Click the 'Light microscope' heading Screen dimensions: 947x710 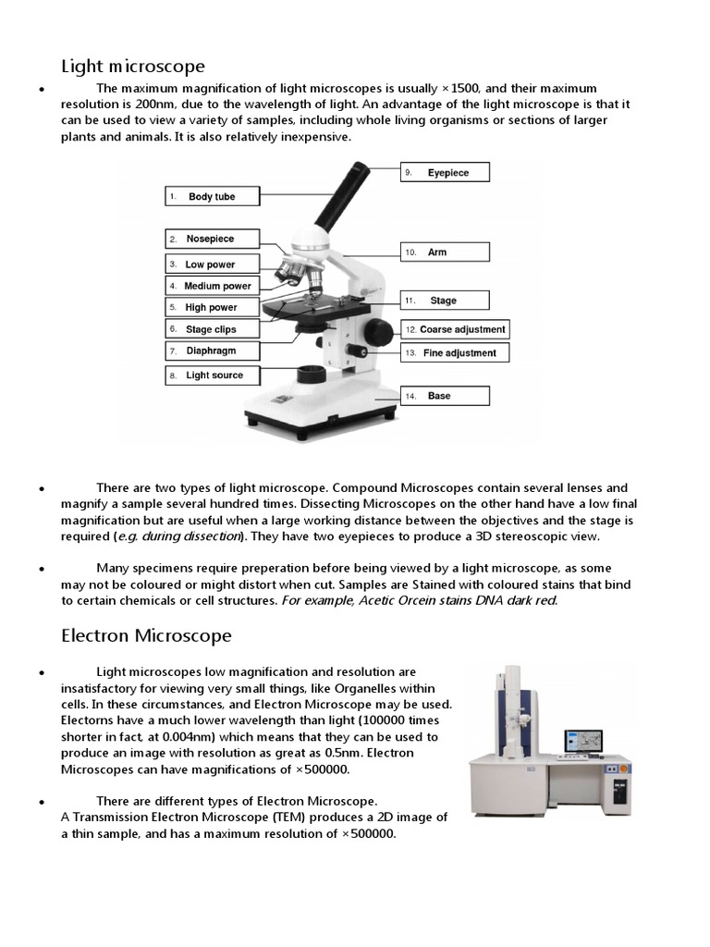tap(133, 66)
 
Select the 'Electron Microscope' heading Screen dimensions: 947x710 tap(146, 636)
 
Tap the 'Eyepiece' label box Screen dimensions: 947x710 tap(445, 173)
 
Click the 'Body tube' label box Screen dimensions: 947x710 tap(212, 197)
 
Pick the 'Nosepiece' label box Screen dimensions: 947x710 tap(212, 239)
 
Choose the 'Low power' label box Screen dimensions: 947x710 tap(212, 264)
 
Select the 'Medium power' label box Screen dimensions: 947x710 tap(212, 286)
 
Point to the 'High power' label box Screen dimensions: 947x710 tap(212, 307)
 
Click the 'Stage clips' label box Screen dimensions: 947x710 tap(212, 329)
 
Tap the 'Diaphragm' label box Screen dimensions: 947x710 tap(212, 351)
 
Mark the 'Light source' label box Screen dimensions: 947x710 tap(212, 375)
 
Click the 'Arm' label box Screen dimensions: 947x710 tap(445, 252)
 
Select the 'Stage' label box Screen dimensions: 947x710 tap(445, 301)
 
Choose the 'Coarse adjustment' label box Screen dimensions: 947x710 tap(454, 329)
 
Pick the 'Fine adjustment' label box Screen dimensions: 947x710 tap(454, 352)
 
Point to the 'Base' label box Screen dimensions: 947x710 tap(445, 396)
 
